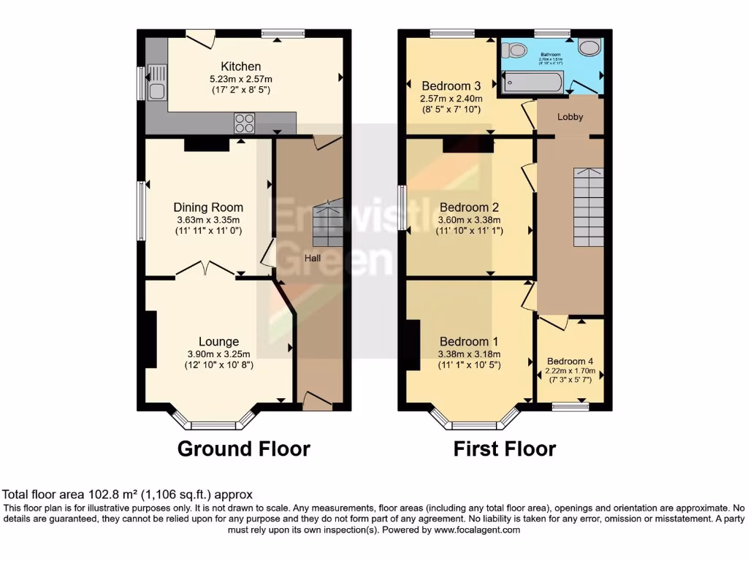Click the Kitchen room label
(240, 66)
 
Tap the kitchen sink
(158, 82)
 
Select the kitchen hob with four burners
(245, 123)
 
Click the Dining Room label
(208, 207)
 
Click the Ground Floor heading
(244, 449)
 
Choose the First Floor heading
(504, 449)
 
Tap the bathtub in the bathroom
(533, 82)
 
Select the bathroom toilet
(518, 49)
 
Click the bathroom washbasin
(588, 47)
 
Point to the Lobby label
(570, 116)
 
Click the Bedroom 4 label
(570, 361)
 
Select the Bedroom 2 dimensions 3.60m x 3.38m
(469, 220)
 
